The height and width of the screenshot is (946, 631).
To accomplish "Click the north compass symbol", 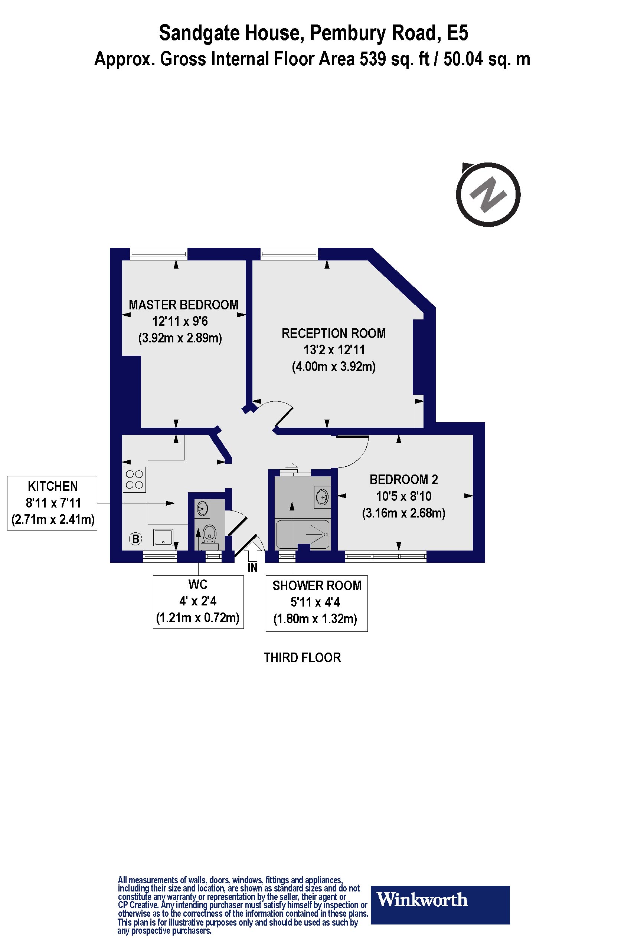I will [x=488, y=195].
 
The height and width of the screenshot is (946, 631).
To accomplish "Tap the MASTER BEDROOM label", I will [x=183, y=305].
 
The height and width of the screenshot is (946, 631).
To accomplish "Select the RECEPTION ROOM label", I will [x=334, y=334].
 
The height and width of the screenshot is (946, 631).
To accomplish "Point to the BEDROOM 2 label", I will [x=403, y=479].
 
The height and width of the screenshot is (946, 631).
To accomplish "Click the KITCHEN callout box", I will [x=52, y=503].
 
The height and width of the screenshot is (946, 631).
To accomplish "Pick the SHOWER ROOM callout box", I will [x=317, y=603].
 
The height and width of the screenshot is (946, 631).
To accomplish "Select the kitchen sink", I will [x=163, y=537].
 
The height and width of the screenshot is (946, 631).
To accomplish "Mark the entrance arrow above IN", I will [x=252, y=551].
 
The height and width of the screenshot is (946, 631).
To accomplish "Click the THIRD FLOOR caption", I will [x=302, y=658].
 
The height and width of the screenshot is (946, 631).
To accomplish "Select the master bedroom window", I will [x=158, y=254].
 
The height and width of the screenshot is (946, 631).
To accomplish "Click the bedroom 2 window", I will [x=386, y=557].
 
